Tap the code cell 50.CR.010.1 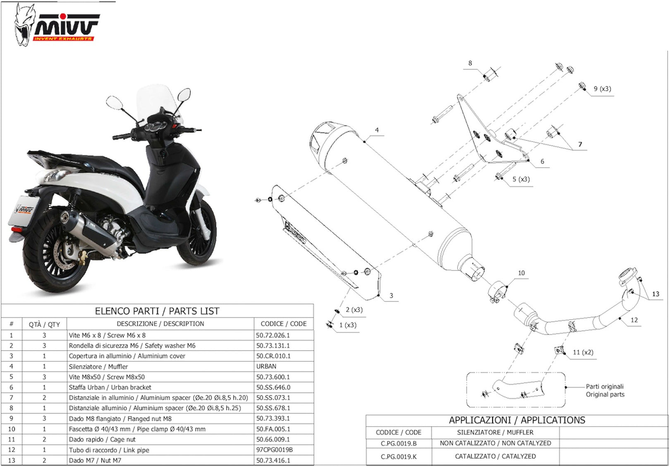pos(273,356)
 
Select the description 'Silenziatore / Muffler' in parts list pos(98,366)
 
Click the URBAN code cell pos(266,366)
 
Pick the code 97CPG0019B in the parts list pos(274,450)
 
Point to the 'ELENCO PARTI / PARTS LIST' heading pos(157,311)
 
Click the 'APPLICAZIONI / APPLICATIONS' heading pos(517,420)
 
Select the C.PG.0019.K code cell pos(398,457)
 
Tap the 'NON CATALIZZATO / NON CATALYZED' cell pos(495,443)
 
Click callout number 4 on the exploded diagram pos(377,130)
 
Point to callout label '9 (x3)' pos(603,89)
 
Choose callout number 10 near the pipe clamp pos(522,273)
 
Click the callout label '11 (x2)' pos(583,352)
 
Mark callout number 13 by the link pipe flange pos(656,294)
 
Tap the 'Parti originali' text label pos(605,386)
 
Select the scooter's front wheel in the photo pos(197,230)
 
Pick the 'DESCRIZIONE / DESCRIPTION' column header pos(160,324)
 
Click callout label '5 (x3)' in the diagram pos(521,179)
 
